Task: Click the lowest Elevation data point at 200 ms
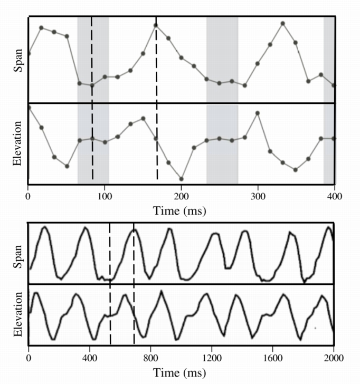coord(182,179)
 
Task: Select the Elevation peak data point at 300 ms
coord(258,113)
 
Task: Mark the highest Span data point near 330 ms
coord(283,23)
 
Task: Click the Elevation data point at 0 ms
coord(29,107)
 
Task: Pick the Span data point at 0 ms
coord(29,53)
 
